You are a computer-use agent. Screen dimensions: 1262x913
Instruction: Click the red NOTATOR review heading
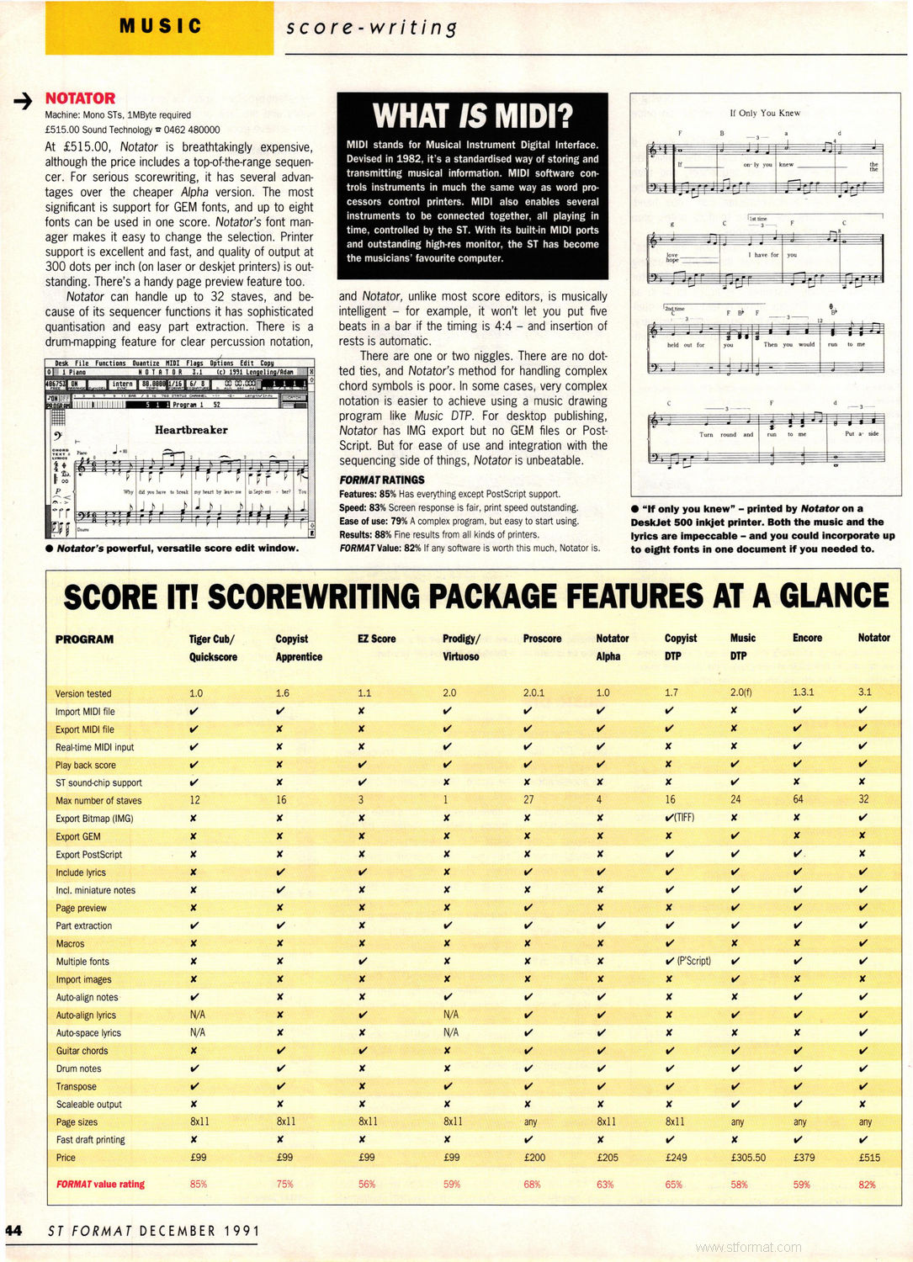coord(80,98)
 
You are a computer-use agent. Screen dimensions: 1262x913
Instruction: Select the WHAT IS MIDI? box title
coord(472,115)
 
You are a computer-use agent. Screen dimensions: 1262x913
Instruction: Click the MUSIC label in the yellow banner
coord(160,26)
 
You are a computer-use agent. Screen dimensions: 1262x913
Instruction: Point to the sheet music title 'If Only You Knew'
coord(765,113)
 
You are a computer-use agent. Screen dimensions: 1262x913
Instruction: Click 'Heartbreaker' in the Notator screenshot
coord(191,430)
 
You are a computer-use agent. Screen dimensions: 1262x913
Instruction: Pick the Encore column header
coord(807,638)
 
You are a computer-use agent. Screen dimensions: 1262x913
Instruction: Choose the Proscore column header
coord(542,639)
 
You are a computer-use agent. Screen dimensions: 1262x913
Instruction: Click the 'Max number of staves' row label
coord(98,800)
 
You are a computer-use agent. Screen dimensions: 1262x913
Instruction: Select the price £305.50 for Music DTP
coord(748,1158)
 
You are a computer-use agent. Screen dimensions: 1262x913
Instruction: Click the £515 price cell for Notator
coord(869,1158)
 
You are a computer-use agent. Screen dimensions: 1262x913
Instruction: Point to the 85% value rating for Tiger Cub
coord(199,1184)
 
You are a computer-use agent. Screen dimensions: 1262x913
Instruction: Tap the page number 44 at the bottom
coord(13,1230)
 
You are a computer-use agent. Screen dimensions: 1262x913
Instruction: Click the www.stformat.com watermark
coord(748,1247)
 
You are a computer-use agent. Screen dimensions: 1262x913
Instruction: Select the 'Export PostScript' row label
coord(88,854)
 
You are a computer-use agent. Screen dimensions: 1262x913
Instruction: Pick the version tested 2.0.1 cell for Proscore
coord(533,692)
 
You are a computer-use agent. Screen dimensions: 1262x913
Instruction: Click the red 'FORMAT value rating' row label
coord(100,1184)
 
